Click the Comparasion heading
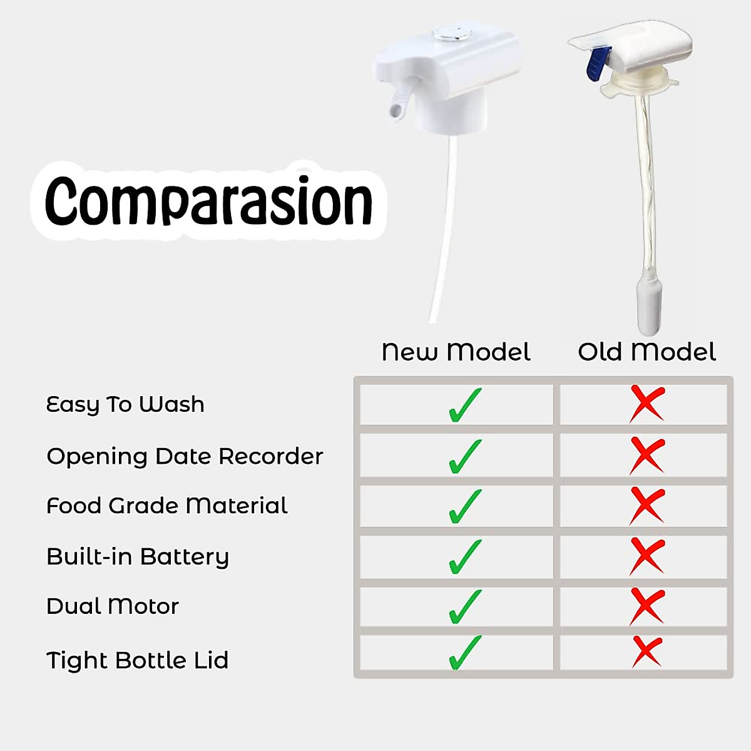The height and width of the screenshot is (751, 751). (x=208, y=201)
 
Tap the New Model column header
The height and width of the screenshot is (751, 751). (x=456, y=352)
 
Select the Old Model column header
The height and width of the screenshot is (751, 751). (x=647, y=352)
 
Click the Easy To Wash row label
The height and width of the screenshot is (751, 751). (x=125, y=405)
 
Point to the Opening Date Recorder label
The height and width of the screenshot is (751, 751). (x=185, y=456)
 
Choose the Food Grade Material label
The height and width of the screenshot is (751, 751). (x=167, y=506)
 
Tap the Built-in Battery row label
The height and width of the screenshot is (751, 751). (x=138, y=557)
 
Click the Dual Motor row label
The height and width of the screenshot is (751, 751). (x=113, y=606)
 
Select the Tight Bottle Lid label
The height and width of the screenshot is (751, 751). (x=137, y=661)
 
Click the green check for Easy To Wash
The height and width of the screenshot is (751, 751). (x=464, y=406)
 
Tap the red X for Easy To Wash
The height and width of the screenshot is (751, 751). (x=647, y=404)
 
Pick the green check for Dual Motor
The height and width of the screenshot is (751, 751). (x=464, y=607)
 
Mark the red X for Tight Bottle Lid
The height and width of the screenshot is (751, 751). (x=647, y=652)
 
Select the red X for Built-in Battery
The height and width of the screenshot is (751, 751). (x=647, y=556)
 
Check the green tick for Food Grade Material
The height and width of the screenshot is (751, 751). (x=464, y=506)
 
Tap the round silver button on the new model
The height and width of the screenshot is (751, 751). (x=452, y=34)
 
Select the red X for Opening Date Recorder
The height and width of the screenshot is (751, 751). (x=647, y=456)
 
